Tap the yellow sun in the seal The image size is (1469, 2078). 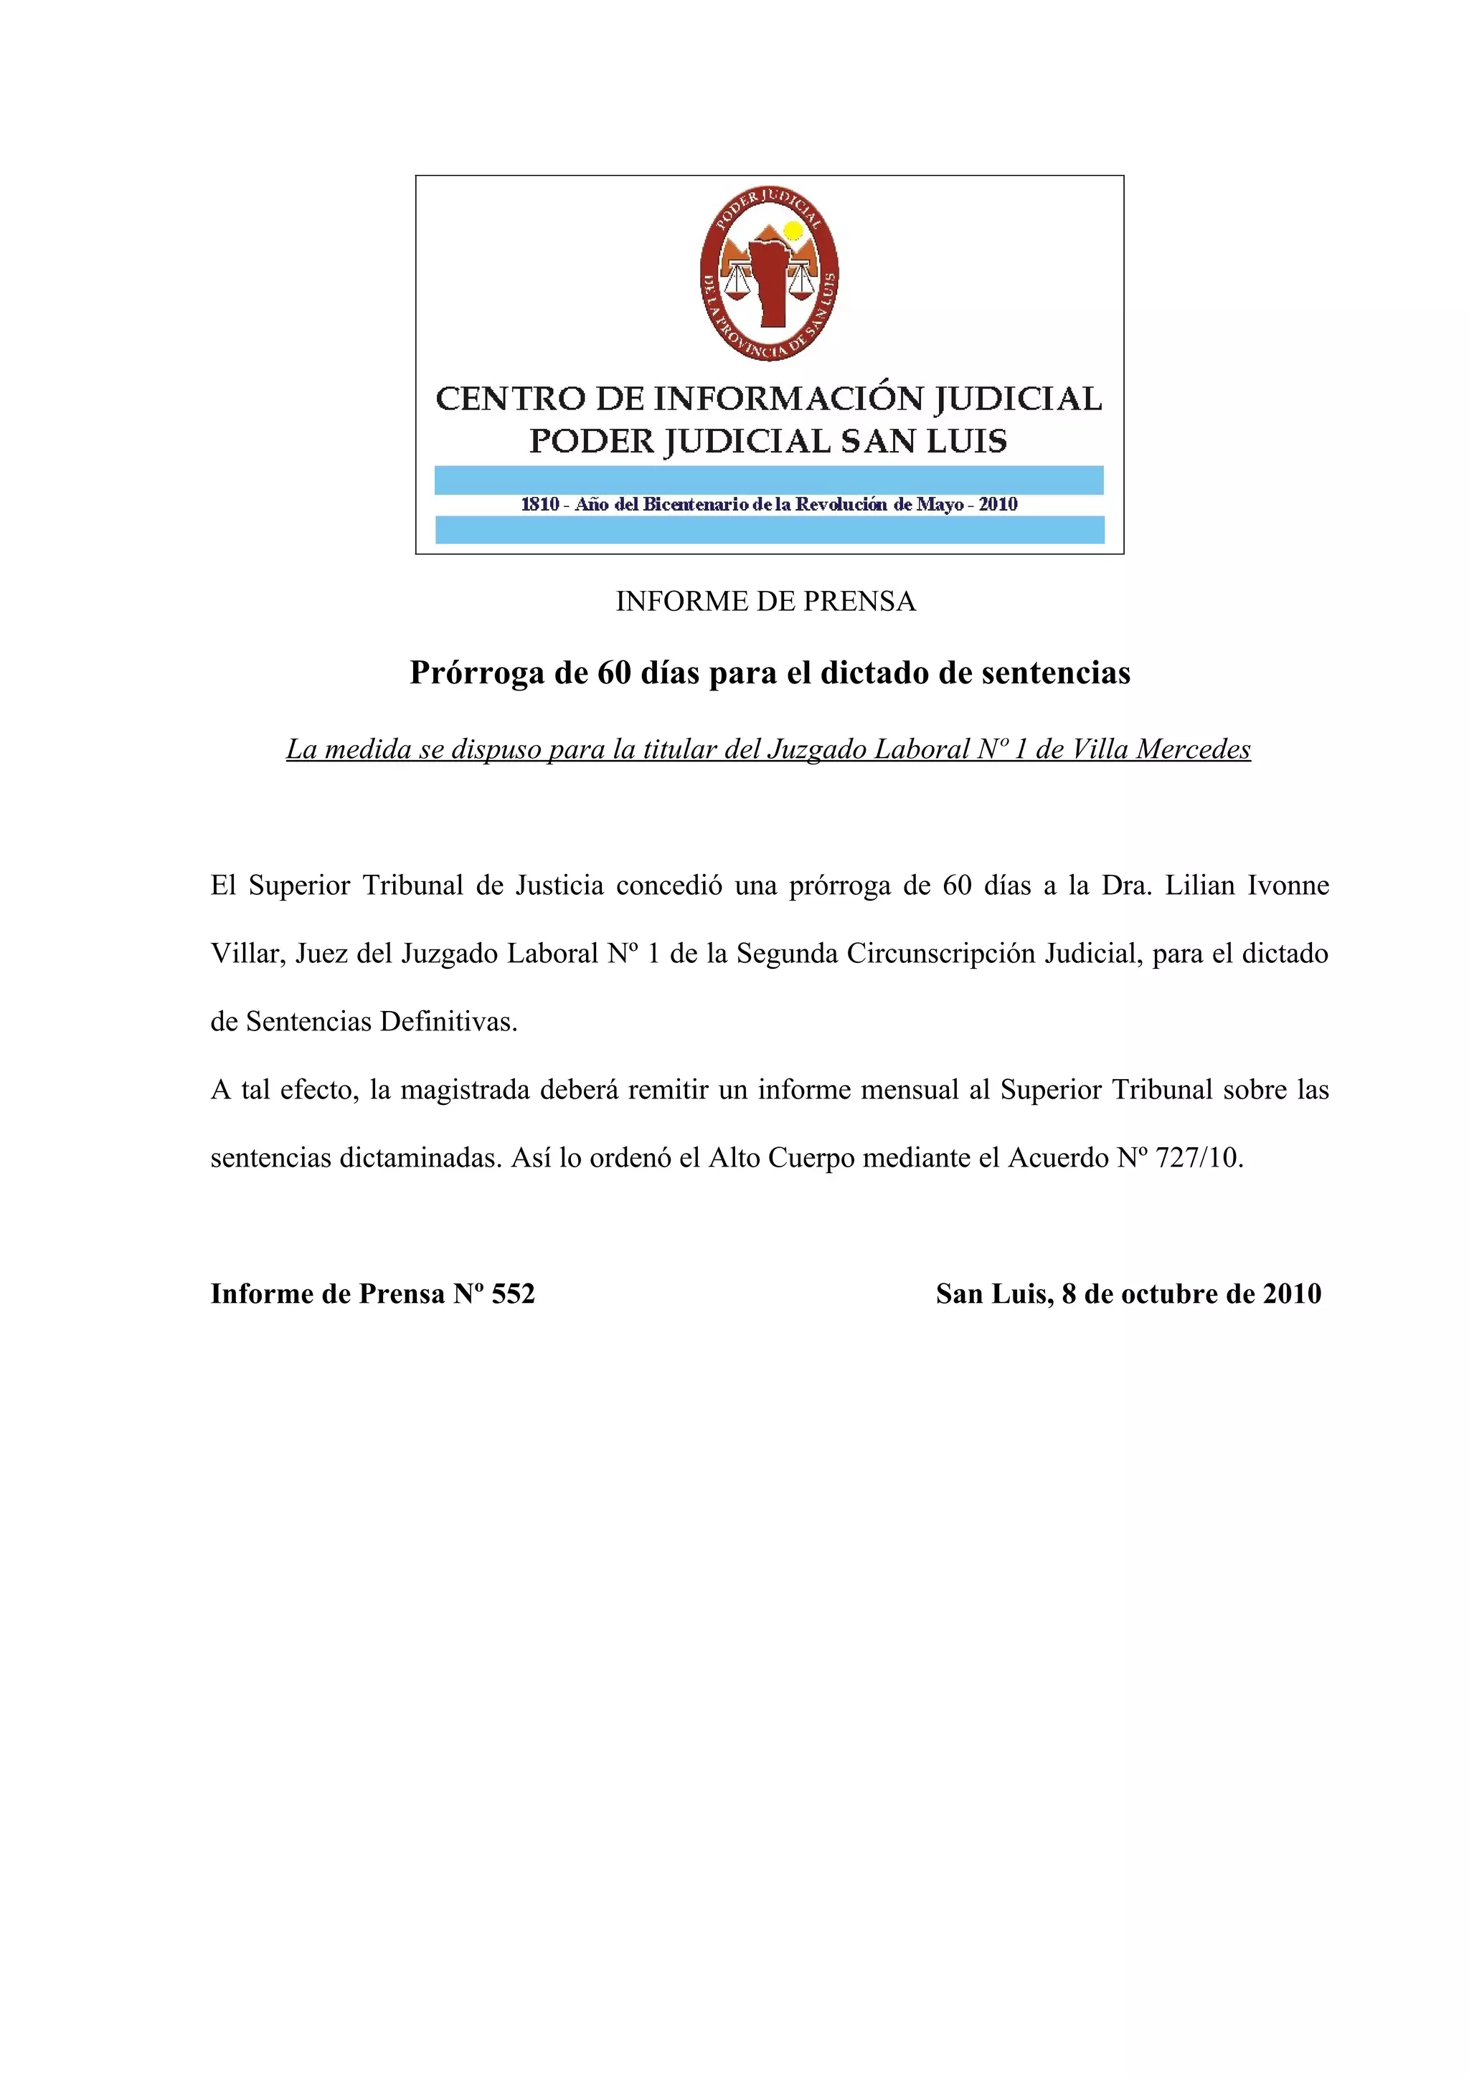(x=793, y=231)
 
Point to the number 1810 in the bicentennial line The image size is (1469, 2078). (x=539, y=505)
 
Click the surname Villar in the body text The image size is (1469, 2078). (x=247, y=953)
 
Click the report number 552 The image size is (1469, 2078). (x=513, y=1294)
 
